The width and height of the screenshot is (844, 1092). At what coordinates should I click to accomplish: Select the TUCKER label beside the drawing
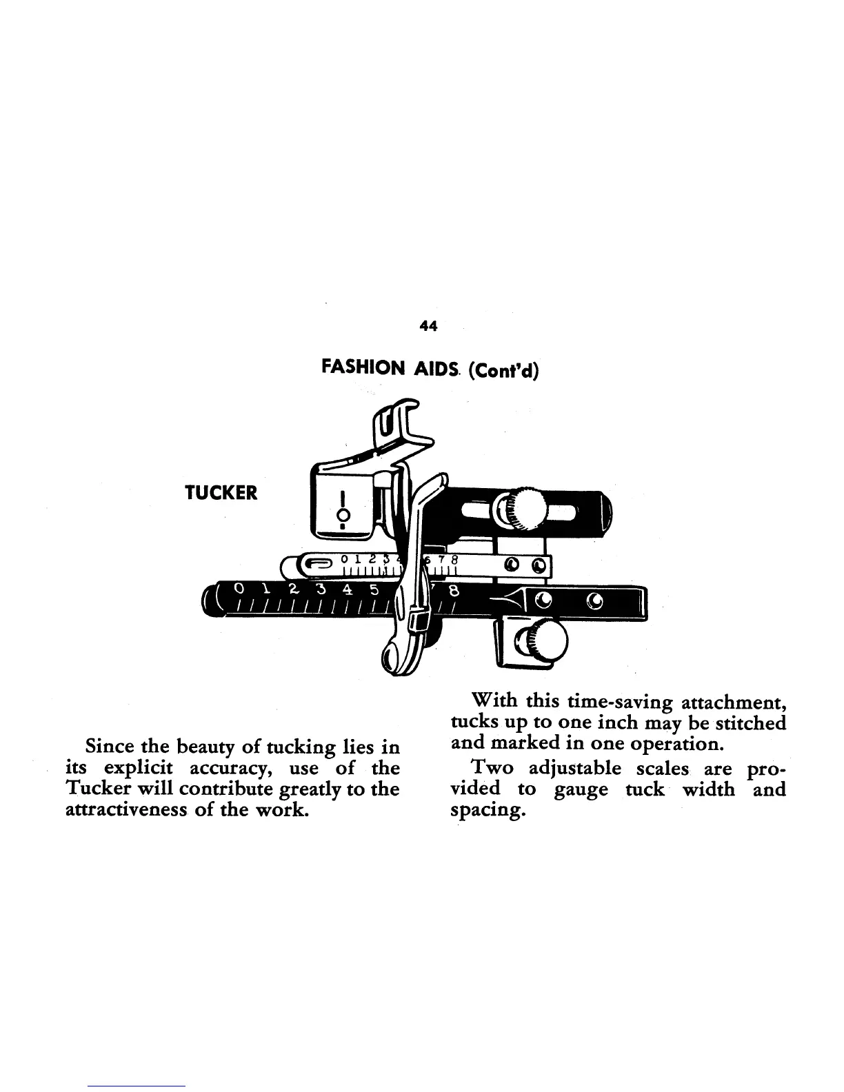[x=221, y=493]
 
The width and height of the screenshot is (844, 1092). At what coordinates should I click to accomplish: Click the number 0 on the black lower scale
[x=239, y=589]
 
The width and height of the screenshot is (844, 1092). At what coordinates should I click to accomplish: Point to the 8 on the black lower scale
[x=454, y=591]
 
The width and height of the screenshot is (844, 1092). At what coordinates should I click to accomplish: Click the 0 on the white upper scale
[x=345, y=558]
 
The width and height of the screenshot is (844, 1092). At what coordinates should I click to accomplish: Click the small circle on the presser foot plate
[x=341, y=515]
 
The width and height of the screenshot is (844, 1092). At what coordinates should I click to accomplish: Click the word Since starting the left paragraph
[x=108, y=747]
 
